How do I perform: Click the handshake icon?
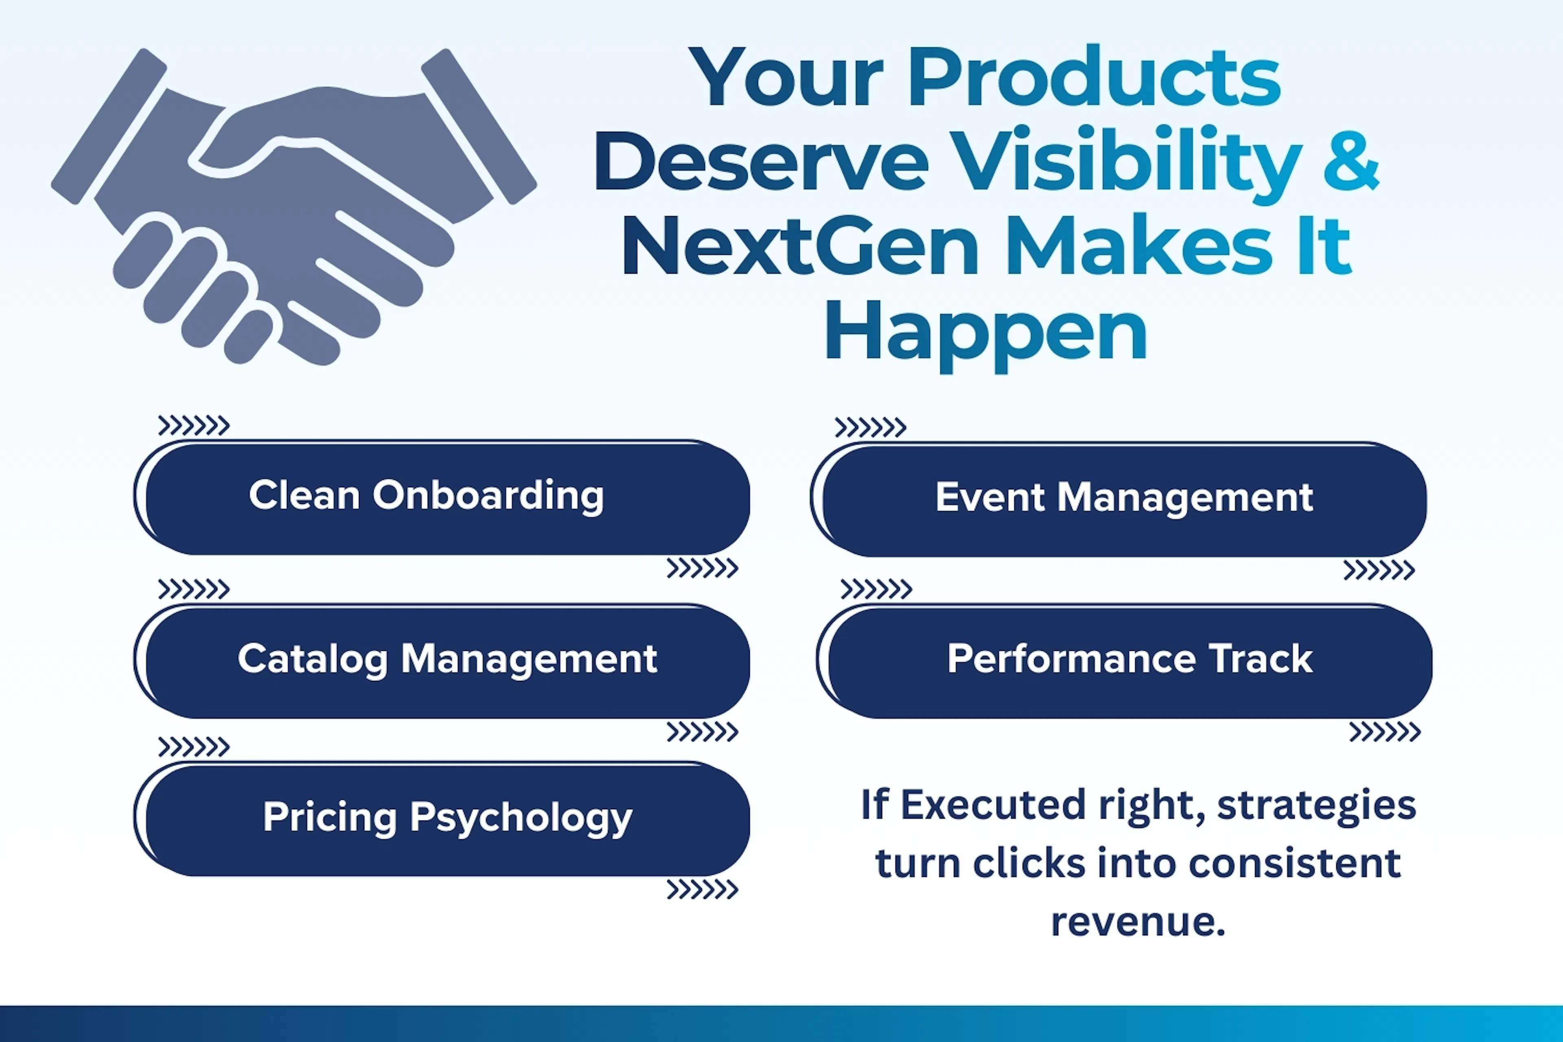294,206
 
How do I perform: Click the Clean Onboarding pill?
442,497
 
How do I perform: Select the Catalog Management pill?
442,661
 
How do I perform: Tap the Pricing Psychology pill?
442,819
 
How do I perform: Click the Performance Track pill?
1124,661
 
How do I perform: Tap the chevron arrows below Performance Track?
1385,732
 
